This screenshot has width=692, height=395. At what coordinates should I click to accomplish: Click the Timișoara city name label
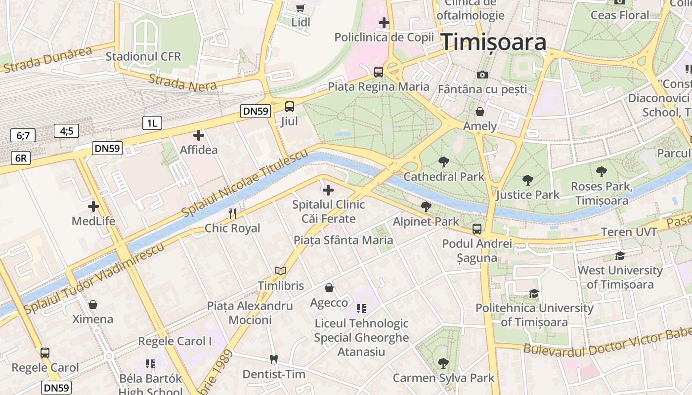(x=493, y=42)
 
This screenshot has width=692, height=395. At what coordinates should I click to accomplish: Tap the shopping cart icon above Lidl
(x=300, y=7)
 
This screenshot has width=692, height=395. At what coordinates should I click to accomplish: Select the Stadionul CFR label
(x=143, y=56)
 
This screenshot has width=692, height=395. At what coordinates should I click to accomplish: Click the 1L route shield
(x=152, y=123)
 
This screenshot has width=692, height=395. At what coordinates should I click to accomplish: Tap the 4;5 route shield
(x=67, y=131)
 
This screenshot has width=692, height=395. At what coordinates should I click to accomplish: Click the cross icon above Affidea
(x=199, y=135)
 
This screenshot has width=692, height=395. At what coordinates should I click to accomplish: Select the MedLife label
(x=93, y=221)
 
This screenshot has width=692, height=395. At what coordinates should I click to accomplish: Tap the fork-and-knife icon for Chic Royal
(x=232, y=213)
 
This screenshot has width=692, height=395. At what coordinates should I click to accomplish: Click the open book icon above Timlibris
(x=281, y=271)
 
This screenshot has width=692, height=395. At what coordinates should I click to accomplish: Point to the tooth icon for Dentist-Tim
(x=273, y=359)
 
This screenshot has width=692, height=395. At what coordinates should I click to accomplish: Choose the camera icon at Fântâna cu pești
(x=482, y=75)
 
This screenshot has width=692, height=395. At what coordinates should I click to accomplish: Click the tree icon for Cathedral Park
(x=444, y=161)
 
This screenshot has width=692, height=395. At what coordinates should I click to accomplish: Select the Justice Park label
(x=528, y=195)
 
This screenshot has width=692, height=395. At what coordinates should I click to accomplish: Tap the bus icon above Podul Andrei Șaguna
(x=477, y=229)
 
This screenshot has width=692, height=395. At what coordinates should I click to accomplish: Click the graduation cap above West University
(x=620, y=256)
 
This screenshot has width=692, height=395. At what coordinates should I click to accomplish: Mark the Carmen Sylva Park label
(x=443, y=378)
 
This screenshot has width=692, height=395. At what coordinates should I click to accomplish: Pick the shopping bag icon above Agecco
(x=329, y=288)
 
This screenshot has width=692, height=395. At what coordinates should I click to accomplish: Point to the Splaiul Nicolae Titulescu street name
(x=244, y=183)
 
